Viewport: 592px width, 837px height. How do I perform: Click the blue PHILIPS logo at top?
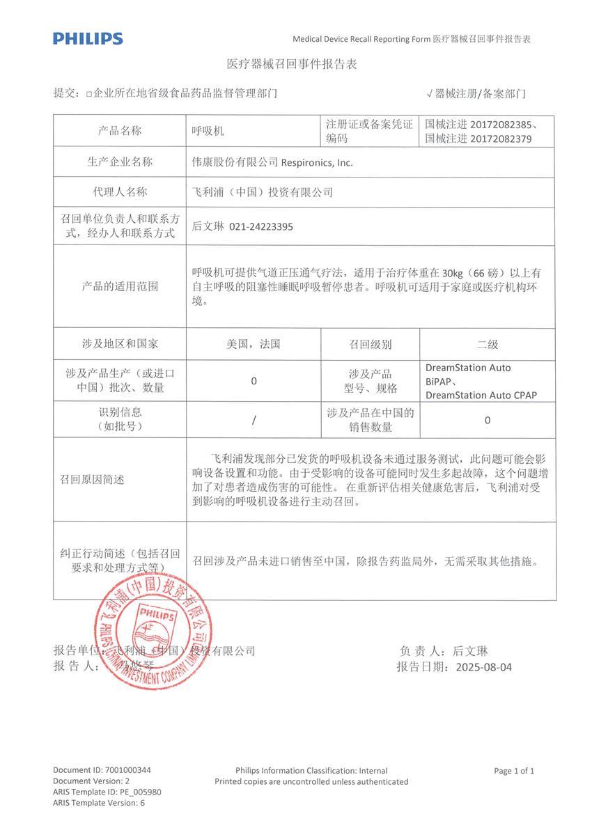(88, 38)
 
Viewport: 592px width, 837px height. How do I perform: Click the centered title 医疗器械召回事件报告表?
(293, 64)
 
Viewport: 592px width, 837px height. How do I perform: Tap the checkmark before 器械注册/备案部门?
(430, 93)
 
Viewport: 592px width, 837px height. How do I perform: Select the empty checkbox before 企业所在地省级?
(88, 93)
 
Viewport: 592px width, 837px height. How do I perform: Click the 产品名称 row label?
(120, 131)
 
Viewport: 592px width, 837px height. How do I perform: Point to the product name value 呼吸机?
(208, 131)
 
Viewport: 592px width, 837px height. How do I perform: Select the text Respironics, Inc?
(317, 162)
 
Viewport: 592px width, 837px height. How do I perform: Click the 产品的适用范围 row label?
(120, 286)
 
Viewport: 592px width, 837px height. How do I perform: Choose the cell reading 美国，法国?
(254, 344)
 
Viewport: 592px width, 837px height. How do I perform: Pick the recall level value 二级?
(487, 344)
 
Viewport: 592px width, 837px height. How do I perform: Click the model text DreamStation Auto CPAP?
(481, 395)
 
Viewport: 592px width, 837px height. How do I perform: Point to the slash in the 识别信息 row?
(254, 420)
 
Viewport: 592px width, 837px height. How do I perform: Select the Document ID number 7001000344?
(127, 770)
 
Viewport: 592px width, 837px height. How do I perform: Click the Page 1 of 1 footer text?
(514, 771)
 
